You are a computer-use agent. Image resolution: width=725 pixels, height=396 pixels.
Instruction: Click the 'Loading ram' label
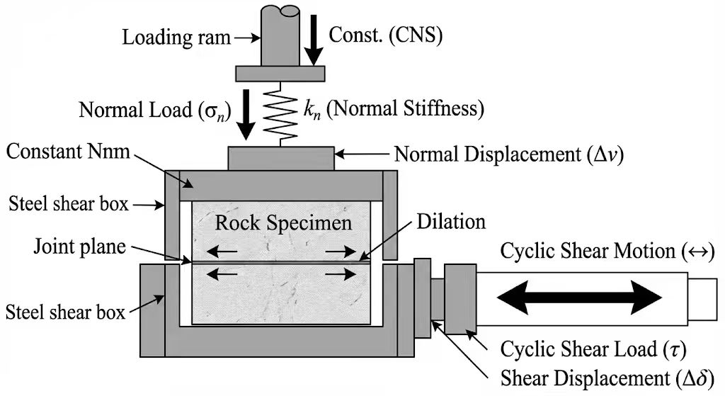[x=176, y=37]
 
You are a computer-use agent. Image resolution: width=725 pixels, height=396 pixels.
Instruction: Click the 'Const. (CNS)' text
[x=388, y=35]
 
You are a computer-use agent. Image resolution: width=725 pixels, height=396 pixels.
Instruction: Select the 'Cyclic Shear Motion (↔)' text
[x=607, y=251]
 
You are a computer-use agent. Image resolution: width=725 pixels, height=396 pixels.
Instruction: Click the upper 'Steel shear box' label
[x=69, y=205]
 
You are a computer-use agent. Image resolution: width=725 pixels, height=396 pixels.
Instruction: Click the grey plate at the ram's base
[x=280, y=73]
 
